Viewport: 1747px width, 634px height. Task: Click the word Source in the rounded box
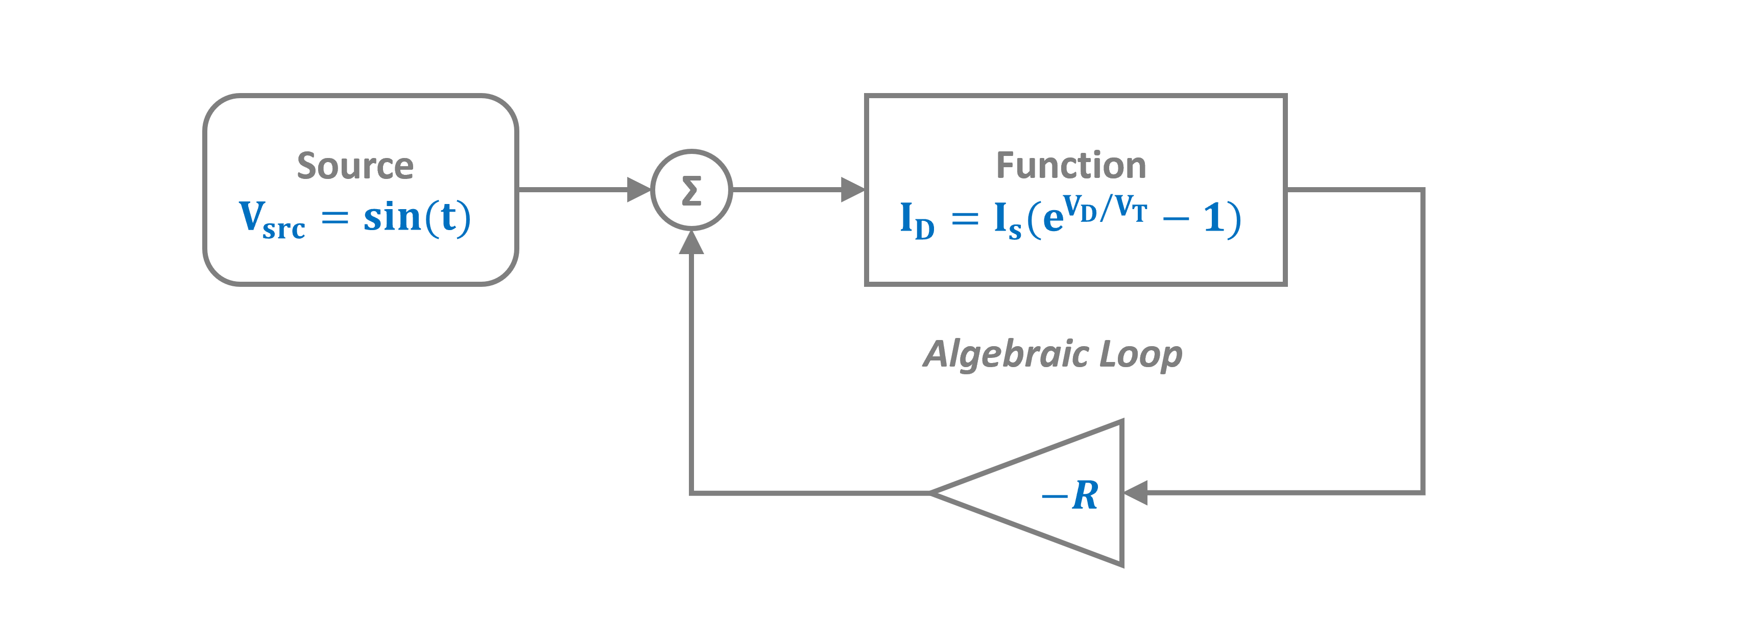point(355,166)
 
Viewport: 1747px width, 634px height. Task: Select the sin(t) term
point(416,218)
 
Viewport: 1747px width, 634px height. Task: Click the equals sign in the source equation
point(334,217)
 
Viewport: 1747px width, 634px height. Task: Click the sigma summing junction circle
point(691,190)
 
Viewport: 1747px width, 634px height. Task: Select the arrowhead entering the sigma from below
point(691,242)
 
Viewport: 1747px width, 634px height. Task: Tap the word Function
point(1071,166)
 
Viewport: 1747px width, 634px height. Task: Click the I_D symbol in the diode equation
point(916,220)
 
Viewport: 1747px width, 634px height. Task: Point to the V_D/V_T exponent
point(1104,209)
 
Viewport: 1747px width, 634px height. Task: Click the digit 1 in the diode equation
point(1213,218)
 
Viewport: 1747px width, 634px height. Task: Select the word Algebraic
point(1006,354)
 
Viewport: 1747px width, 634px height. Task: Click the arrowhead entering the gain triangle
point(1136,492)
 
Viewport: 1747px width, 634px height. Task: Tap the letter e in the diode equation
point(1052,220)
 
